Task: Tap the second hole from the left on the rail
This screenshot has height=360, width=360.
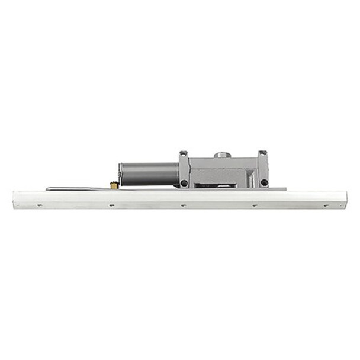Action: pos(111,205)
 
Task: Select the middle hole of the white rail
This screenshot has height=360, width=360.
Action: pos(182,205)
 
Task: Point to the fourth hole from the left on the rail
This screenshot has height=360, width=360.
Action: pos(254,205)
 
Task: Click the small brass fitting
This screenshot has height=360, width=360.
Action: pos(113,185)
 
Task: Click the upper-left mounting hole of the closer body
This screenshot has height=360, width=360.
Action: pos(184,154)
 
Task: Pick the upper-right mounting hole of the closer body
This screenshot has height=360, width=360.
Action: pos(263,154)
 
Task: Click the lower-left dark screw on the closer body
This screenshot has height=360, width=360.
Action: pos(185,183)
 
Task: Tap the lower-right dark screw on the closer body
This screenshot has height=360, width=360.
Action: pos(264,182)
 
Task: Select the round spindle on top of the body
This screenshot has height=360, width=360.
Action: pos(223,155)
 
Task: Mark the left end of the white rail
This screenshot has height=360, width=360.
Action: pos(14,199)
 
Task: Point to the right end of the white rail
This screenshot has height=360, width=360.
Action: pos(345,199)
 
